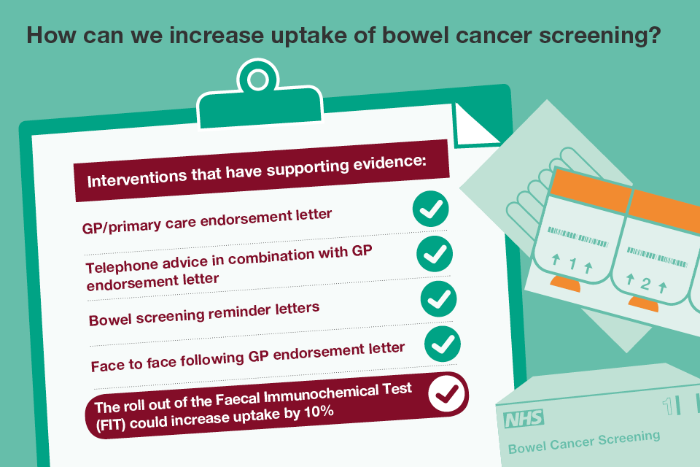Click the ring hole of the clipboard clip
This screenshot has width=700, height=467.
coord(257,80)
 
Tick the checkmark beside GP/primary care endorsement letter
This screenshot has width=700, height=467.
coord(430,209)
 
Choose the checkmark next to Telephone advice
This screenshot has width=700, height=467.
coord(435,253)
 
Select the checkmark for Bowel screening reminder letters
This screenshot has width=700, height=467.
coord(438,298)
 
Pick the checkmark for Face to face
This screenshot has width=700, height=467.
coord(443,344)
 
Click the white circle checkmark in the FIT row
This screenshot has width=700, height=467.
coord(446,393)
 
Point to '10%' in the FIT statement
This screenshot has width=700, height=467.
coord(319,412)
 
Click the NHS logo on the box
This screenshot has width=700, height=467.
coord(524,419)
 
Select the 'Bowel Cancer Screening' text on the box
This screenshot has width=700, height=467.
coord(584,442)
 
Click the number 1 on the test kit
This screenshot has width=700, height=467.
coord(573,263)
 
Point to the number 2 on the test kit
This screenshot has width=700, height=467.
coord(645,284)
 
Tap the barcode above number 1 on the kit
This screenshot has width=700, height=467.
coord(577,237)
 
